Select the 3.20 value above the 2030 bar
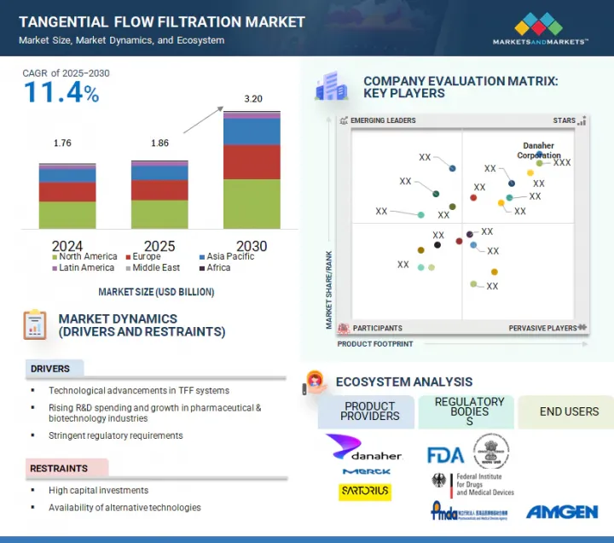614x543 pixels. tap(252, 99)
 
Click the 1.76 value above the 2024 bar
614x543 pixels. tap(62, 143)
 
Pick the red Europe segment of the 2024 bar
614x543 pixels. tap(67, 192)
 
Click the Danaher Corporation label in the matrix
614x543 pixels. tap(539, 151)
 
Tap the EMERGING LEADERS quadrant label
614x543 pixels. tap(383, 121)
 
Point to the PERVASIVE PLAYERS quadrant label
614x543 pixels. tap(542, 328)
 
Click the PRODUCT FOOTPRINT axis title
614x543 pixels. tap(375, 344)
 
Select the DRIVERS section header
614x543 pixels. tap(50, 369)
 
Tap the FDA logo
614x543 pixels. tap(445, 452)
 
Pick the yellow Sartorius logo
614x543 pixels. tap(365, 493)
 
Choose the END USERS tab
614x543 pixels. tap(569, 412)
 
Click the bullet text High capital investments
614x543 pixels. tap(98, 491)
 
